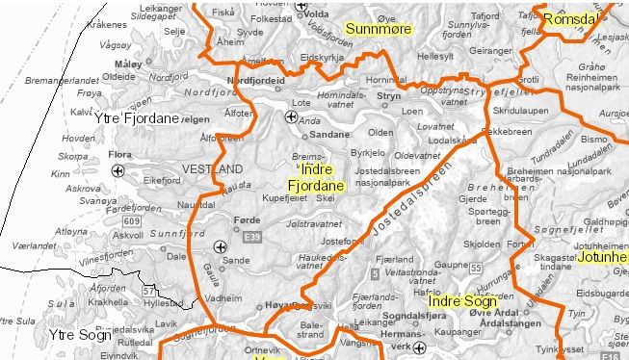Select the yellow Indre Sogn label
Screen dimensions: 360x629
click(x=462, y=302)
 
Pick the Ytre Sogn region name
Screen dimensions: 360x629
click(x=81, y=334)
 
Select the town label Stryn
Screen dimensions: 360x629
click(x=388, y=97)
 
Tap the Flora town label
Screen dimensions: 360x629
click(x=121, y=153)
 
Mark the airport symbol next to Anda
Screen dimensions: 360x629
click(x=291, y=117)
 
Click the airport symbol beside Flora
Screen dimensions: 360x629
click(x=118, y=170)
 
